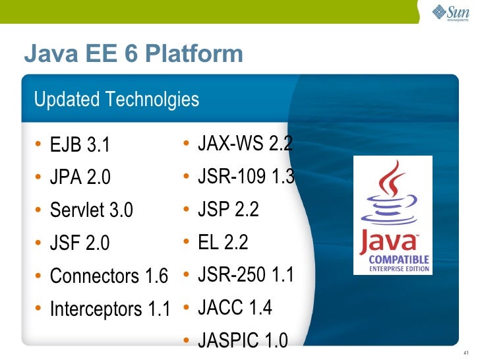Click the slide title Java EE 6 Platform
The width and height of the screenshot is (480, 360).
pos(133,53)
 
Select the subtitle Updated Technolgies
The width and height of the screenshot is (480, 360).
pos(116,100)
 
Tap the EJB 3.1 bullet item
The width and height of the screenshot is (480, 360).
pos(80,144)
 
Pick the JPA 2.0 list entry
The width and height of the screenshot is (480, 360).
pos(80,177)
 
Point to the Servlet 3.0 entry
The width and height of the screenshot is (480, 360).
pos(92,210)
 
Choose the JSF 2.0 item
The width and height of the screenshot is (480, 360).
pos(80,243)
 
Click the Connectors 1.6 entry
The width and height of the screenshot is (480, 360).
pos(109,276)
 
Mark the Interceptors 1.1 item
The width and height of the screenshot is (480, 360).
pos(110,309)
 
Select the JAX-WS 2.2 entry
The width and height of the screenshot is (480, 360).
pos(245,143)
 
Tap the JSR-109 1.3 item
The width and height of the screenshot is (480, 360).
pos(246,176)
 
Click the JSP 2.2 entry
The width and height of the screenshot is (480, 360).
pos(228,209)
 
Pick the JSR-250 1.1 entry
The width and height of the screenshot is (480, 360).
pos(245,275)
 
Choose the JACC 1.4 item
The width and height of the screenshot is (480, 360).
pos(235,307)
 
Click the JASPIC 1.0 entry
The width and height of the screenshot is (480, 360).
pos(243,340)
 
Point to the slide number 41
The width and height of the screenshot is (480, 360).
pos(465,351)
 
